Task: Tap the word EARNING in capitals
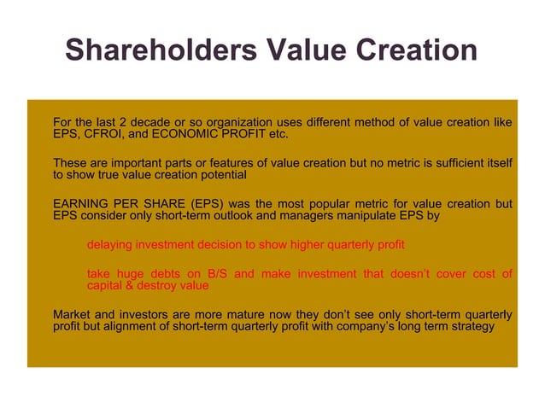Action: (81, 204)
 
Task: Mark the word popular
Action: (344, 204)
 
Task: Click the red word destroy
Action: (160, 286)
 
